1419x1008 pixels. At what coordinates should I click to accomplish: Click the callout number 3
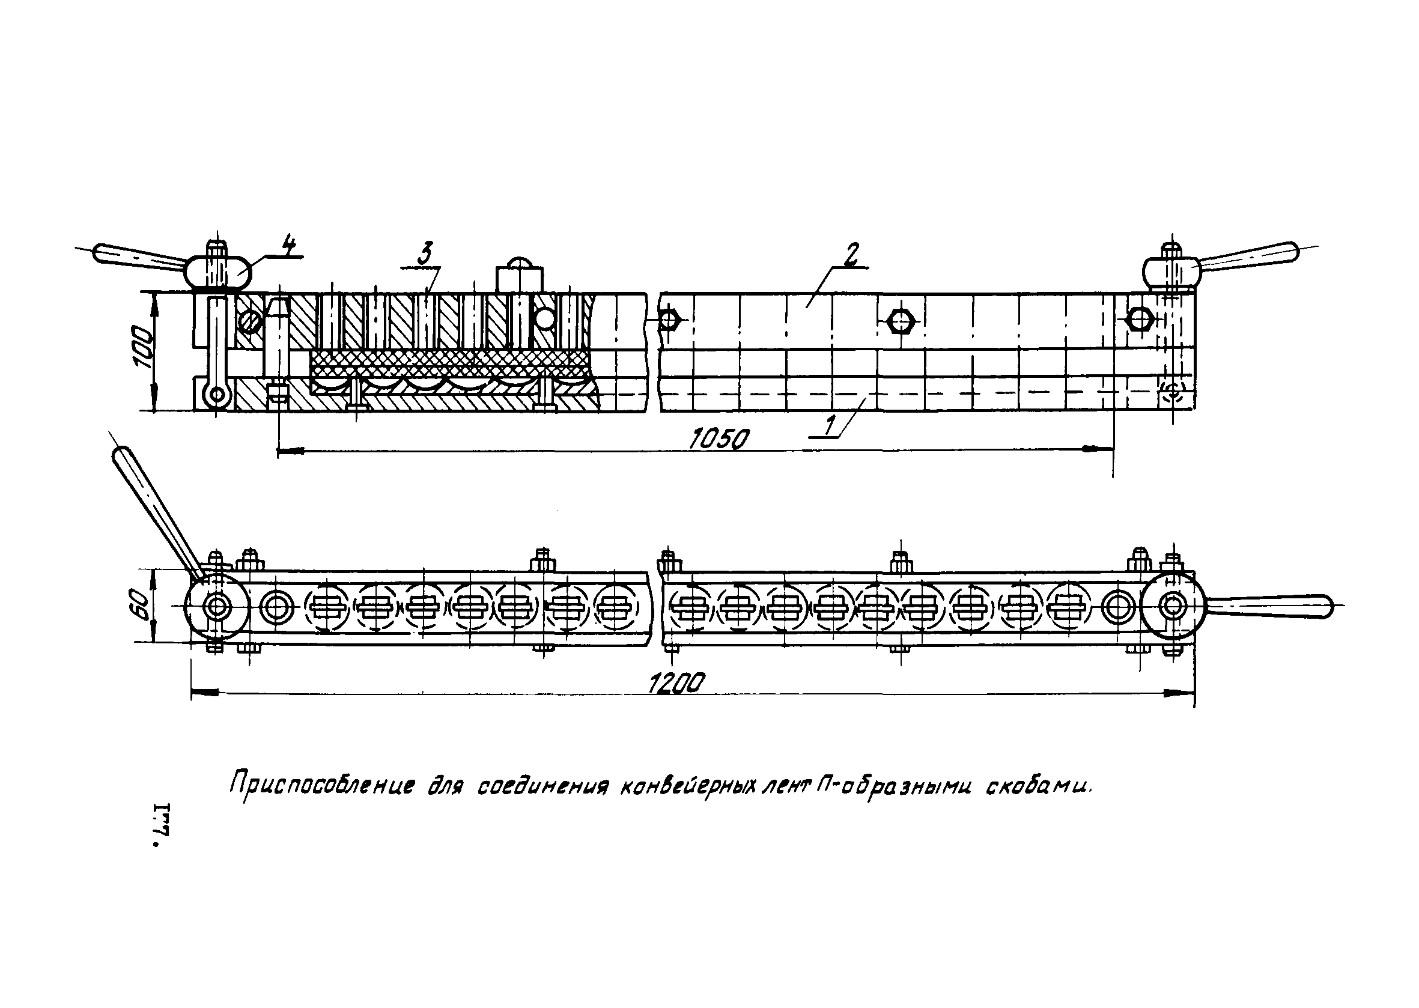tap(425, 255)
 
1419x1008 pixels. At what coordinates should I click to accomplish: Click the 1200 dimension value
tap(676, 684)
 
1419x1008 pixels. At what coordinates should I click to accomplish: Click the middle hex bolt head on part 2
tap(899, 321)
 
